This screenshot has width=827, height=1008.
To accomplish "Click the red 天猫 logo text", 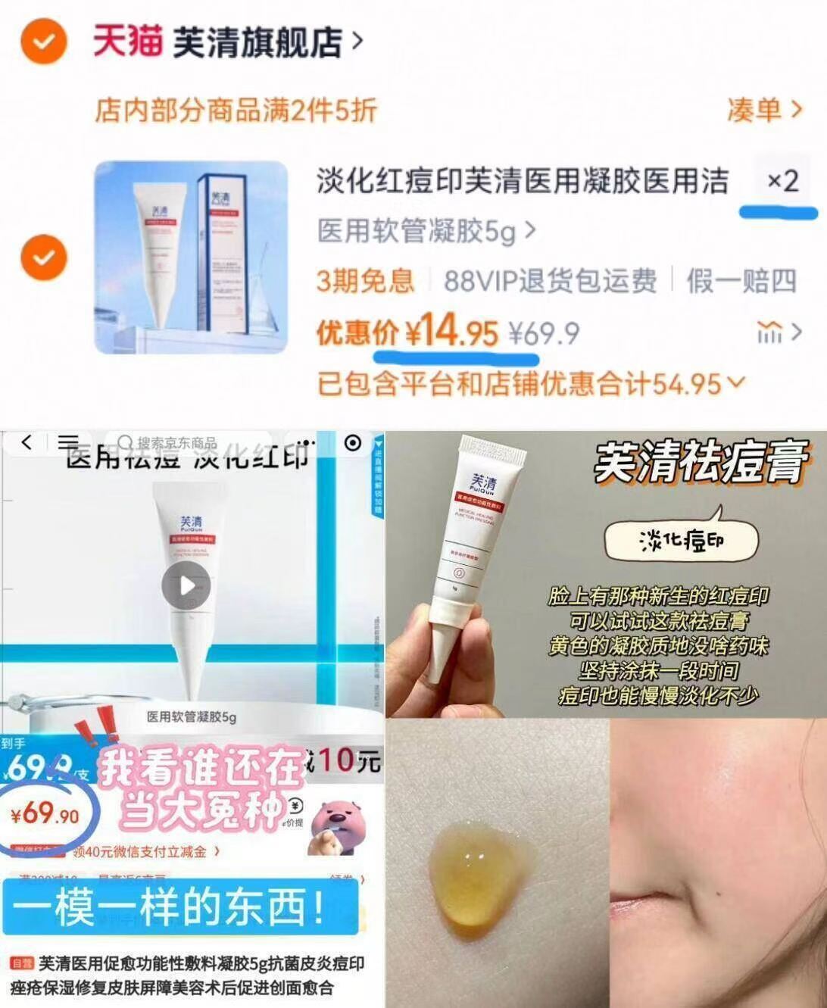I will pyautogui.click(x=127, y=41).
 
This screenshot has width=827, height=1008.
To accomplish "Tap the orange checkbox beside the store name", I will pyautogui.click(x=44, y=41).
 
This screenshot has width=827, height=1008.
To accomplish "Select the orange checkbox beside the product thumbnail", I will pyautogui.click(x=44, y=257).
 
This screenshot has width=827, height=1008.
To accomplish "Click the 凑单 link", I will pyautogui.click(x=763, y=111).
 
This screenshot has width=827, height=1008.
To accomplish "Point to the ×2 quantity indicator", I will pyautogui.click(x=782, y=181).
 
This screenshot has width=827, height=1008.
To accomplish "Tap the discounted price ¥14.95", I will pyautogui.click(x=451, y=332).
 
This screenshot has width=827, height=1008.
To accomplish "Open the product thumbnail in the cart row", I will pyautogui.click(x=191, y=257).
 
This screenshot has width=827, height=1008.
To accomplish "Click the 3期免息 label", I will pyautogui.click(x=365, y=281).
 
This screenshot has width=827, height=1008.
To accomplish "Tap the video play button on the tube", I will pyautogui.click(x=186, y=585).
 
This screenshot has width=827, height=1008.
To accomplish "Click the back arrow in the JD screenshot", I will pyautogui.click(x=27, y=442).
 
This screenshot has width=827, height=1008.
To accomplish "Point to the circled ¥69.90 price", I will pyautogui.click(x=47, y=815).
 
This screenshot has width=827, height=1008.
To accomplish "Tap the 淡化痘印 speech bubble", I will pyautogui.click(x=682, y=541).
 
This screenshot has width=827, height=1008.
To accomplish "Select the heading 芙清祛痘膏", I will pyautogui.click(x=700, y=462).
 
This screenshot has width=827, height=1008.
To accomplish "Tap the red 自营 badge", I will pyautogui.click(x=23, y=964).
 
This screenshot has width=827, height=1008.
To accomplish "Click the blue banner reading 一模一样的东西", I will pyautogui.click(x=179, y=906).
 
